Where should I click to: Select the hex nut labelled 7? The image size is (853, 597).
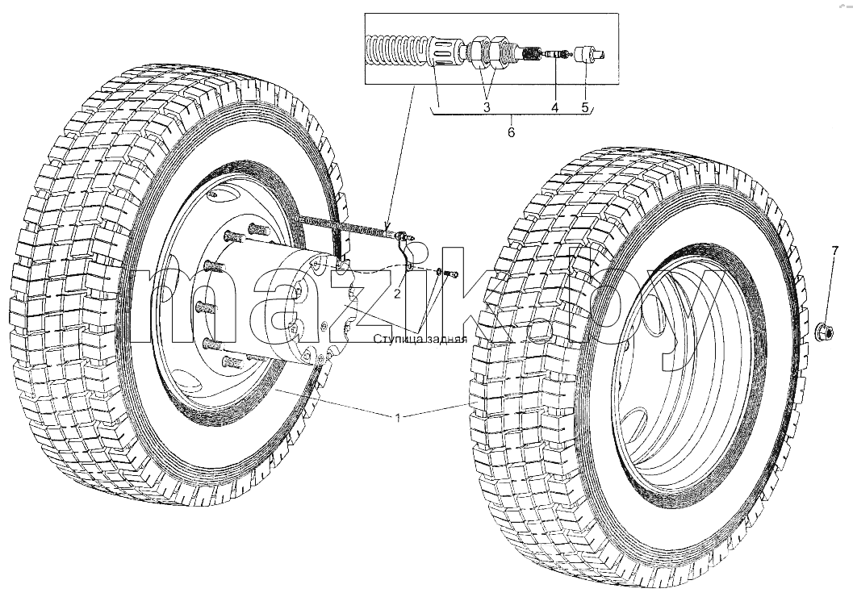tap(824, 332)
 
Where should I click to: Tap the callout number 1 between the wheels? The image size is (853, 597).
tap(398, 418)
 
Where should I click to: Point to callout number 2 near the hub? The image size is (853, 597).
tap(398, 294)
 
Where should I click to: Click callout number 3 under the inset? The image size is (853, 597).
tap(487, 106)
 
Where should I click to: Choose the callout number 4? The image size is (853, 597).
tap(554, 106)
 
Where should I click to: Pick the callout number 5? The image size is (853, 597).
tap(585, 106)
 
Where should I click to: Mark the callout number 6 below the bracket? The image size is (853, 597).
tap(511, 132)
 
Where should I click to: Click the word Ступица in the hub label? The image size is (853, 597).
tap(395, 340)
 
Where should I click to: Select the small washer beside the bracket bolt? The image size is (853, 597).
tap(438, 271)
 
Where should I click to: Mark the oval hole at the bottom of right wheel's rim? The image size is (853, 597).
tap(633, 422)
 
